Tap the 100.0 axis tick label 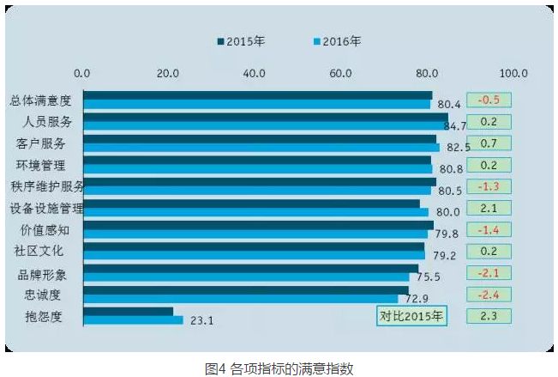[514, 73]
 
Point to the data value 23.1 [201, 321]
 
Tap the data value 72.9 [417, 299]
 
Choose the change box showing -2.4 [489, 295]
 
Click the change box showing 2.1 [489, 208]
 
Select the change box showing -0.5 [489, 100]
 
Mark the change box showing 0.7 [489, 143]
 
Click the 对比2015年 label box [412, 316]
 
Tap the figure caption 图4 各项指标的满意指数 [279, 368]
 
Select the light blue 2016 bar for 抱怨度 [133, 320]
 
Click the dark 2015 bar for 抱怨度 [129, 312]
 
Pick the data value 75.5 [427, 277]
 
